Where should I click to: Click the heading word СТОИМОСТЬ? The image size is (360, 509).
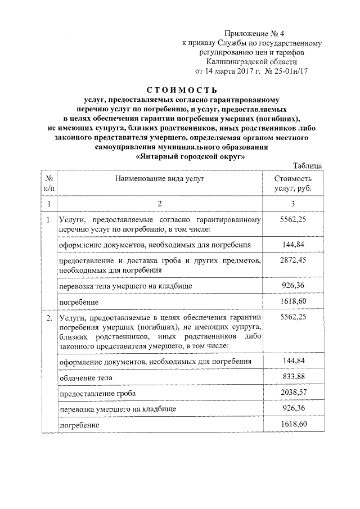point(181,89)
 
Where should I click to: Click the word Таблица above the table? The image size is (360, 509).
point(308,165)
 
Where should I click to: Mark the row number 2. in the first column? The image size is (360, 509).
point(49,318)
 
